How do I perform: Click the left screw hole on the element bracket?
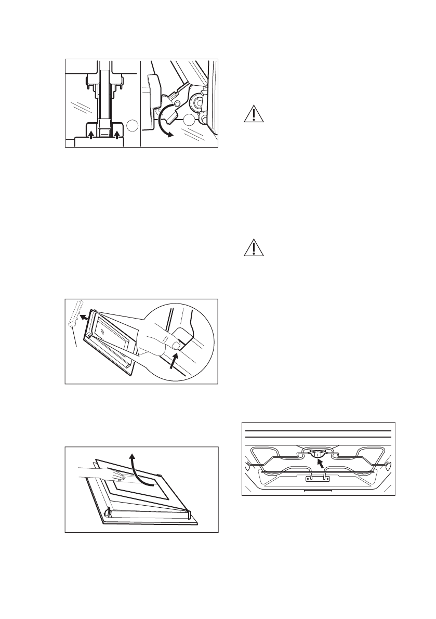click(310, 477)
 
